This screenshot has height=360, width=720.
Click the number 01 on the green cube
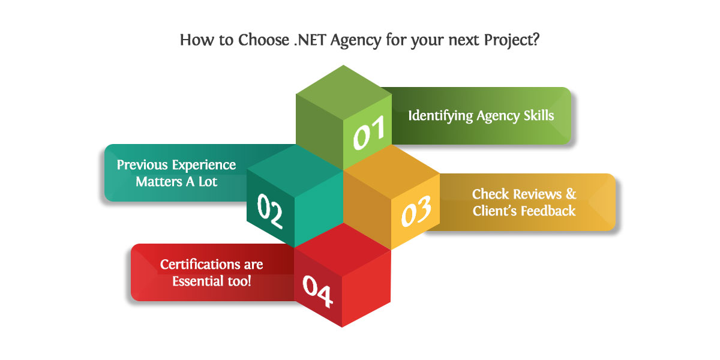tap(369, 133)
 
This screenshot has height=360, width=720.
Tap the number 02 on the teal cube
tap(270, 211)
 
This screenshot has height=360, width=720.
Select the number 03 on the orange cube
tap(416, 211)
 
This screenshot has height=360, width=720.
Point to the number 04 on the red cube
tap(317, 291)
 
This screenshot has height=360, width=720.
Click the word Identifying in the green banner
tap(440, 116)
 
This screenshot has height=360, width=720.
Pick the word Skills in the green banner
tap(539, 115)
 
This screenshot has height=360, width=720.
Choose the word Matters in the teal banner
tap(159, 182)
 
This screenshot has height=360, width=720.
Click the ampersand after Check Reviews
tap(571, 194)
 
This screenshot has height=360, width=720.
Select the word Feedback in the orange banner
tap(548, 211)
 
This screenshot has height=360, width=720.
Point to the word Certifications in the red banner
tap(199, 264)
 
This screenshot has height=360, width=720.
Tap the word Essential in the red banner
tap(198, 281)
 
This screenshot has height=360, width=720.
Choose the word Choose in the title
tap(263, 40)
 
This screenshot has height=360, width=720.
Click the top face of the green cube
tap(344, 93)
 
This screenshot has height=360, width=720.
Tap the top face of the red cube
tap(343, 250)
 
